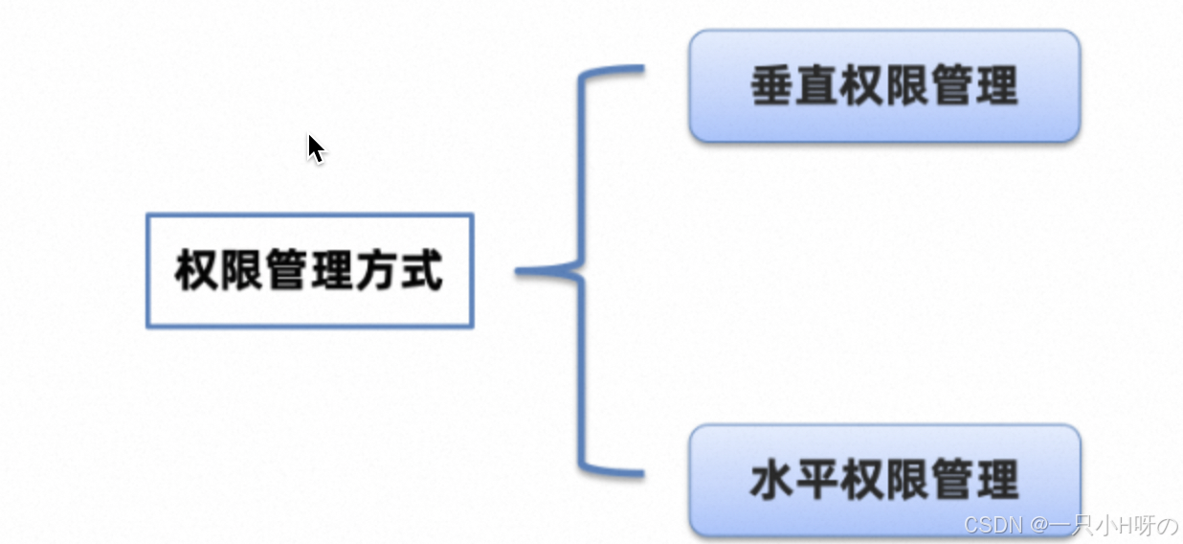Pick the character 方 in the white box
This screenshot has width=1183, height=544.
(x=375, y=271)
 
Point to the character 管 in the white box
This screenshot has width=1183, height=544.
(x=286, y=271)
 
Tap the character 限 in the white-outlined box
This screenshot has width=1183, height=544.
(x=241, y=271)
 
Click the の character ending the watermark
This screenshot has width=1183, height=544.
(x=1167, y=525)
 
